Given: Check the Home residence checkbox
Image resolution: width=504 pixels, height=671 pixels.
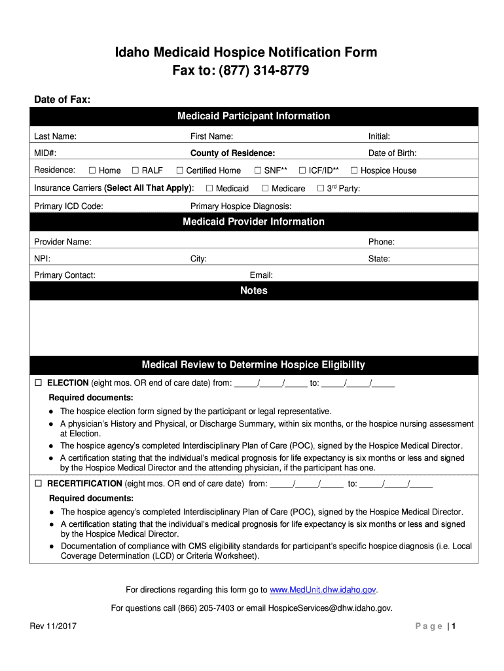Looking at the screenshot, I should click(x=92, y=170).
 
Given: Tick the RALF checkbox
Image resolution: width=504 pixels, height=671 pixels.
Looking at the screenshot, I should click(x=135, y=170).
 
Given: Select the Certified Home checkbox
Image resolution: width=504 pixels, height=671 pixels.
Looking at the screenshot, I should click(x=179, y=170).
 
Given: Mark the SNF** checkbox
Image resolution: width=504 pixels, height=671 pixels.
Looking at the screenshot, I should click(x=258, y=170).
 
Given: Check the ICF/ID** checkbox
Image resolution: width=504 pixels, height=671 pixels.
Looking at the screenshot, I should click(x=302, y=170).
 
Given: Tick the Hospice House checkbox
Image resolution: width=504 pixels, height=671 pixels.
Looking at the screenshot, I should click(x=354, y=170).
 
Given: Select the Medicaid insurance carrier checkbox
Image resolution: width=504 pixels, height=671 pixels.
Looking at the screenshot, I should click(x=209, y=189).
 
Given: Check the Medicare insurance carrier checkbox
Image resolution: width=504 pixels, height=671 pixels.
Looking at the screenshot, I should click(x=264, y=189).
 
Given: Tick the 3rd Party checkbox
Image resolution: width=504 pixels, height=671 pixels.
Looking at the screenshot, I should click(x=321, y=189).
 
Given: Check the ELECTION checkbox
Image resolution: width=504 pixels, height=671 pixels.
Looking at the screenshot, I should click(x=38, y=383).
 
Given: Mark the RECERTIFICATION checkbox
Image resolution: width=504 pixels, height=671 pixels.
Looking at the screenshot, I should click(x=38, y=484).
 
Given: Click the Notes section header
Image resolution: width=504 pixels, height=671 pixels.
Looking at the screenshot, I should click(x=254, y=291).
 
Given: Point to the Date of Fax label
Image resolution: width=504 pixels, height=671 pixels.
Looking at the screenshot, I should click(x=62, y=100).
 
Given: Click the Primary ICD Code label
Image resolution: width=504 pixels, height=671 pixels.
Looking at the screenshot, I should click(x=68, y=206).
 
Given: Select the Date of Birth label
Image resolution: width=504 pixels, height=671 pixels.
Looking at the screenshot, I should click(x=392, y=153).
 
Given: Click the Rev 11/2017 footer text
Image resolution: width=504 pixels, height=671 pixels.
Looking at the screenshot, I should click(x=53, y=626).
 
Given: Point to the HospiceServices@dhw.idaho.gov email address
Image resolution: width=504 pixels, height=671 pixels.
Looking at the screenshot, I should click(x=330, y=608).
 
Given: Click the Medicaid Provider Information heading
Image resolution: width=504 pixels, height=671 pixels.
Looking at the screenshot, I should click(x=254, y=221).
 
